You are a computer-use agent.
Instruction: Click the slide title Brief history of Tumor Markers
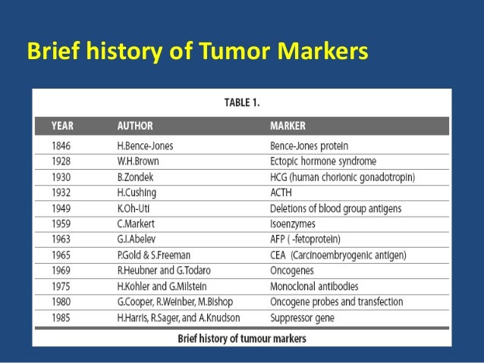pyautogui.click(x=197, y=52)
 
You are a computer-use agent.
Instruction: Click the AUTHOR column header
pyautogui.click(x=135, y=125)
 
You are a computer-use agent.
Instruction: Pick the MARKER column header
pyautogui.click(x=288, y=125)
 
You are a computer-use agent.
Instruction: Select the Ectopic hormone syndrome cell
pyautogui.click(x=322, y=161)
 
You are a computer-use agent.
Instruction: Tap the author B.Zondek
pyautogui.click(x=137, y=177)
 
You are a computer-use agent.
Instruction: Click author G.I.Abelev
pyautogui.click(x=139, y=239)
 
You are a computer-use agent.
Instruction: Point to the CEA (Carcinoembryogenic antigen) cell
pyautogui.click(x=338, y=255)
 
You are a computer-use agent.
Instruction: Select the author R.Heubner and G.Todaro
pyautogui.click(x=163, y=271)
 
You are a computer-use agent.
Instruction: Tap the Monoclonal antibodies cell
pyautogui.click(x=314, y=286)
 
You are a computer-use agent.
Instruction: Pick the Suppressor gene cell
pyautogui.click(x=301, y=318)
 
